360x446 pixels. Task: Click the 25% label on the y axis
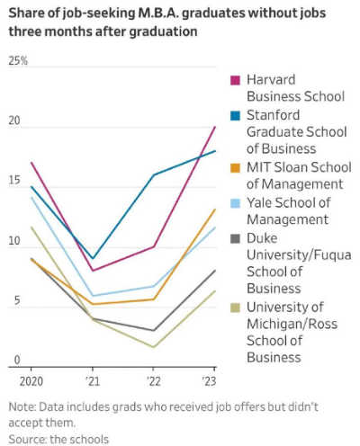18,61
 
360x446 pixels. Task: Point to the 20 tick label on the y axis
14,120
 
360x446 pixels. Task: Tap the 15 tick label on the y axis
14,180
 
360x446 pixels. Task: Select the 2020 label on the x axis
31,381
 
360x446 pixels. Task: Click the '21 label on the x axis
92,381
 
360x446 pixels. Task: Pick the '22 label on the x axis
153,381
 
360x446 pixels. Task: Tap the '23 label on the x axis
209,381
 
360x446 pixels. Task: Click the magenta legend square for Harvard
236,80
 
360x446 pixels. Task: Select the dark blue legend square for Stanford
236,116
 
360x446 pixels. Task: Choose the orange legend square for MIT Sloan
236,168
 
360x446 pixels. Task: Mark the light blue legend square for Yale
236,203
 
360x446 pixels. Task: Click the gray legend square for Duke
236,239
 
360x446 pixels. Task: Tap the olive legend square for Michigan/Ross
236,308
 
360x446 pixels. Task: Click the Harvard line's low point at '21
93,271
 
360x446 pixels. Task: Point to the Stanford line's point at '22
154,174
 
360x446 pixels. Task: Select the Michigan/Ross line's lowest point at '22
154,347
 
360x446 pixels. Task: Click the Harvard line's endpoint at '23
215,127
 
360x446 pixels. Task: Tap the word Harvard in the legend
271,80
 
